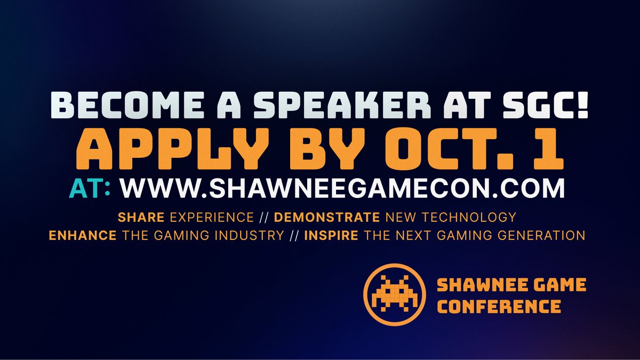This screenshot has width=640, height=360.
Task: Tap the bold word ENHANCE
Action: coord(82,235)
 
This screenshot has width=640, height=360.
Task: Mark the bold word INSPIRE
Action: coord(331,235)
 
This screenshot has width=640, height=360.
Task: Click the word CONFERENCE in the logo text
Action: coord(499,307)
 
